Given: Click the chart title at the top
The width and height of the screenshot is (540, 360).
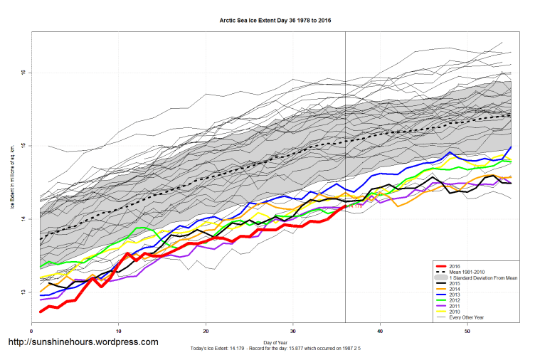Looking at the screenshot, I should tap(275, 21).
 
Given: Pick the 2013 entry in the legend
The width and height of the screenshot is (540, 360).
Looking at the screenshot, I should tap(455, 295).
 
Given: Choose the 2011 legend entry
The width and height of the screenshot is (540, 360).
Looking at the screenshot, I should tap(455, 307).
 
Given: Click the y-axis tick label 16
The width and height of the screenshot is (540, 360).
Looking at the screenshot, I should tap(23, 73).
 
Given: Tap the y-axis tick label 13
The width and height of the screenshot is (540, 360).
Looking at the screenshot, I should tap(23, 292).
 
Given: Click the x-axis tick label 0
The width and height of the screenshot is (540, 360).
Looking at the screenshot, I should tap(32, 332).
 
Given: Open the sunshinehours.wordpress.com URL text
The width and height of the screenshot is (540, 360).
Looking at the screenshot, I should tap(83, 342).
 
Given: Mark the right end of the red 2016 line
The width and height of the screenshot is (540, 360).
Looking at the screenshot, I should tap(346, 206).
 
